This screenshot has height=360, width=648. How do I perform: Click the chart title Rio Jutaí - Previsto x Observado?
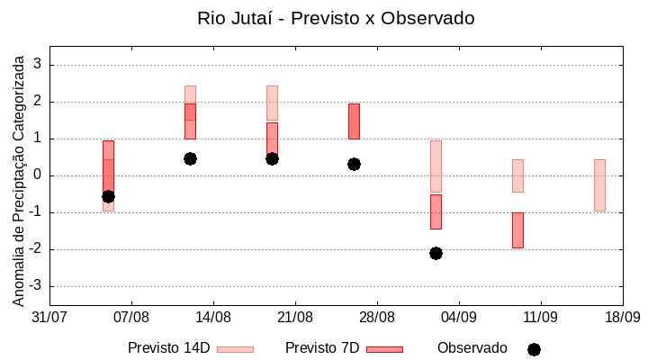[336, 18]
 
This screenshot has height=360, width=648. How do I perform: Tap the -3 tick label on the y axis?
[34, 286]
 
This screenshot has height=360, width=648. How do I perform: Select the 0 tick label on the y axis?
[38, 175]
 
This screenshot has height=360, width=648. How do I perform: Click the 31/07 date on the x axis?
[49, 317]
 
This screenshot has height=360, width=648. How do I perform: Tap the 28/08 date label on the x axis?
[377, 317]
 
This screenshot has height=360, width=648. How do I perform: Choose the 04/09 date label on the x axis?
[459, 317]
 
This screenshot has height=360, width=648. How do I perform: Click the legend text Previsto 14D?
[168, 348]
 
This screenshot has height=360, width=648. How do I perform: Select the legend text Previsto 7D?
[322, 348]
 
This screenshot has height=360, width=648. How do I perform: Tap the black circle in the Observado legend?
[534, 349]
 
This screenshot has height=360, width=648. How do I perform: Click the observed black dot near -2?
[436, 253]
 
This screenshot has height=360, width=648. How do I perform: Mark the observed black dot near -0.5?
[108, 196]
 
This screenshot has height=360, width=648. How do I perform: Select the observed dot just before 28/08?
[354, 164]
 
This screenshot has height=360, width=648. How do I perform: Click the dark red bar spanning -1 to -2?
[517, 230]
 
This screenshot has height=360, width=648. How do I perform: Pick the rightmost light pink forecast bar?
[599, 185]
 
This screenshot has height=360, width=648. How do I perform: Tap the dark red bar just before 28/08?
[354, 121]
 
